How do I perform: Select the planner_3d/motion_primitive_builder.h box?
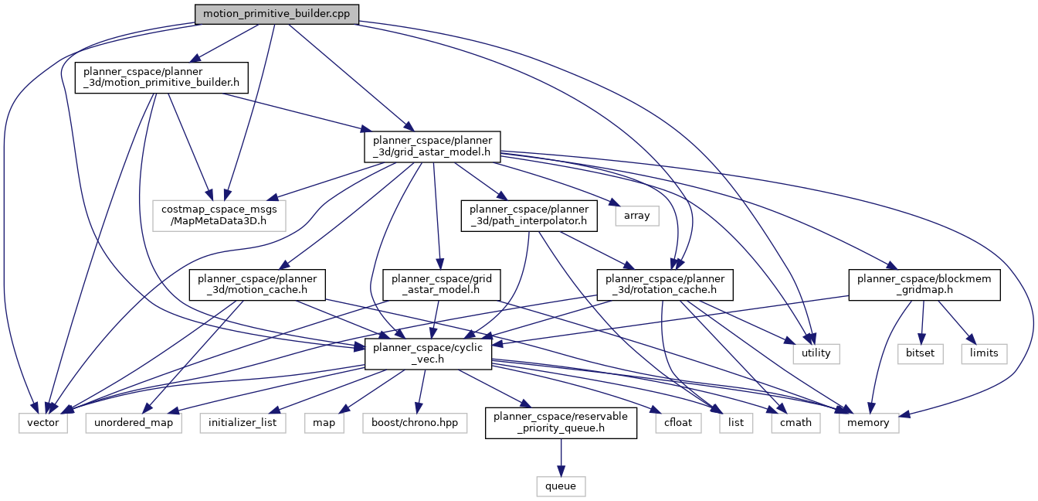coord(161,77)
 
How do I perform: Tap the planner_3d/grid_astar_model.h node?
coord(432,146)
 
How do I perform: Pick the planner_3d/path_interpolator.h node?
coord(528,215)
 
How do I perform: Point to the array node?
coord(637,215)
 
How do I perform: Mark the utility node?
coord(816,353)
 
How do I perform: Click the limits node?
coord(985,353)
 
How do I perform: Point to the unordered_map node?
coord(134,423)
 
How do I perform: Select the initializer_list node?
coord(243,423)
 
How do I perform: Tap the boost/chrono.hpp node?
coord(416,423)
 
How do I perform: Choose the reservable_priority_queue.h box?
coord(561,423)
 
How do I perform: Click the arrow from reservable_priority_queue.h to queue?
coord(561,457)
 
